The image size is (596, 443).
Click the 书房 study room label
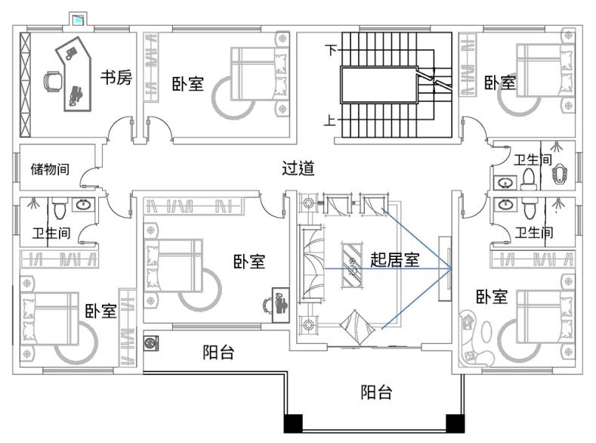116,78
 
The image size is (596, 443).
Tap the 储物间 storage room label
50,169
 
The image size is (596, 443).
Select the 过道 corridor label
298,168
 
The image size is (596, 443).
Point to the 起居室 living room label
395,260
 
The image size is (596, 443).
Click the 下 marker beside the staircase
331,49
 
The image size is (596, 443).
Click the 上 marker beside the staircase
329,120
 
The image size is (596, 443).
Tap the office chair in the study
53,82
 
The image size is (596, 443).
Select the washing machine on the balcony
151,343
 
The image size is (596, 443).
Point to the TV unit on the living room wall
445,269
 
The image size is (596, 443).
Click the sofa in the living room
312,265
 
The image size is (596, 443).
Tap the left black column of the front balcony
293,423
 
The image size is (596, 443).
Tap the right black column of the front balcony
455,423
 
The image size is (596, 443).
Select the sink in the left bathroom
83,205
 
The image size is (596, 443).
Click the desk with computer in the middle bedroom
280,305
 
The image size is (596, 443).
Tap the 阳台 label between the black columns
376,392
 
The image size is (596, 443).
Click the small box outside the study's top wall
79,19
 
